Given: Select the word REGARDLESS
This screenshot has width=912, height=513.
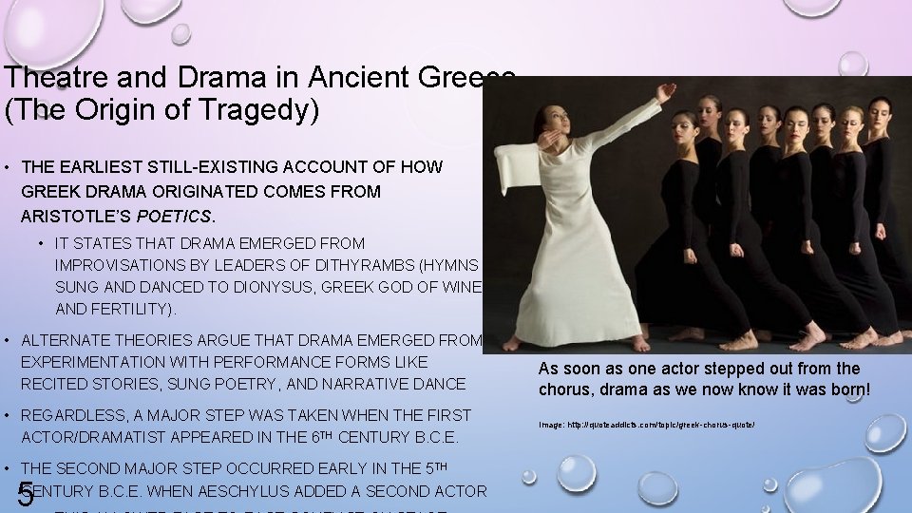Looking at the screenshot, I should tap(74, 415).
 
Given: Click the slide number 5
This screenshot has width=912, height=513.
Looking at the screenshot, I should tap(26, 495).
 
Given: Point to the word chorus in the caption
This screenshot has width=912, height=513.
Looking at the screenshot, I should tap(565, 389).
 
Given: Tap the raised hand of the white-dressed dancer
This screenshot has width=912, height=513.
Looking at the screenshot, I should tap(667, 92).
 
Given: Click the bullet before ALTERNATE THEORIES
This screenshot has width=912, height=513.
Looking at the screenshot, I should tap(7, 340).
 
